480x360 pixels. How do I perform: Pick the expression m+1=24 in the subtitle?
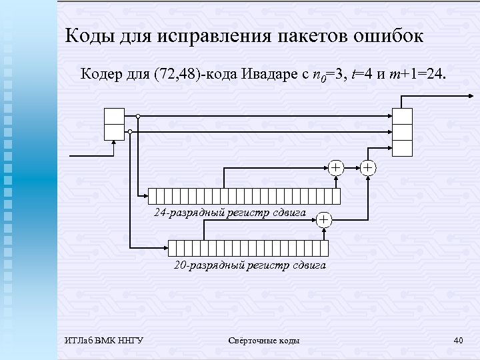pyautogui.click(x=419, y=73)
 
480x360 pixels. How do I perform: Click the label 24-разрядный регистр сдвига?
pyautogui.click(x=230, y=213)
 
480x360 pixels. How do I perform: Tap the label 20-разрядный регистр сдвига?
pyautogui.click(x=250, y=265)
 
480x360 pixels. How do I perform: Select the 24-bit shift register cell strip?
pyautogui.click(x=244, y=196)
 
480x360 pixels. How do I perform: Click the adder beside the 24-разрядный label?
pyautogui.click(x=324, y=219)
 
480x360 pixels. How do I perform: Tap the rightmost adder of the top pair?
pyautogui.click(x=368, y=167)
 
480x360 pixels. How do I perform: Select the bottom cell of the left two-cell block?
pyautogui.click(x=114, y=132)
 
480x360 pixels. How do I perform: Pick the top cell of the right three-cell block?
pyautogui.click(x=403, y=116)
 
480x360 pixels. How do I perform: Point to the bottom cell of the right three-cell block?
pyautogui.click(x=403, y=148)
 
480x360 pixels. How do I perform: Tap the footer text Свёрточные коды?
pyautogui.click(x=263, y=341)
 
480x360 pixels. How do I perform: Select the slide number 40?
pyautogui.click(x=458, y=341)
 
